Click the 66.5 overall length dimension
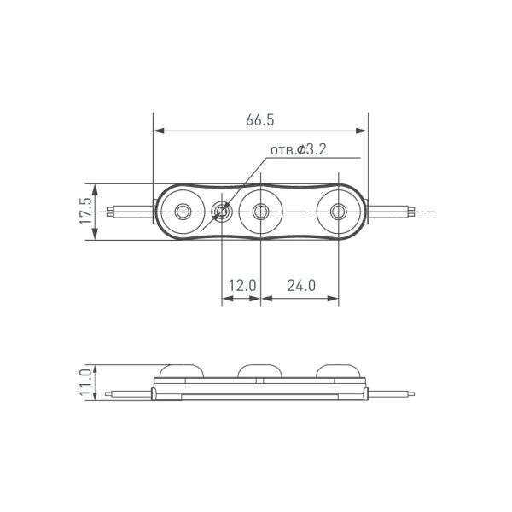pos(259,120)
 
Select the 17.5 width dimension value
pos(83,212)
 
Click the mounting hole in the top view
pos(222,211)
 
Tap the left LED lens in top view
pos(183,211)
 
